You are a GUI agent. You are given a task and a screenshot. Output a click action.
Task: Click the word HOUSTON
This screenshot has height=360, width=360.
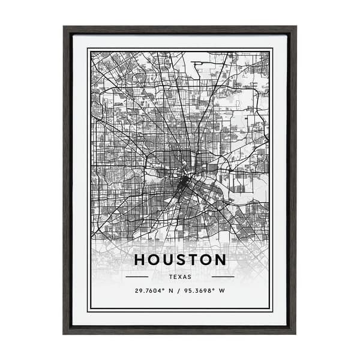pos(180,260)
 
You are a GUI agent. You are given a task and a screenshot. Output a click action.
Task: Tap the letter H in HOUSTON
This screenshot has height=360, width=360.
pos(139,260)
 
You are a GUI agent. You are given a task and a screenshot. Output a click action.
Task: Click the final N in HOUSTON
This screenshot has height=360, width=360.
pos(220,260)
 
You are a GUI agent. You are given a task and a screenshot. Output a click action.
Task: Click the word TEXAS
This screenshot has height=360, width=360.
pos(180,277)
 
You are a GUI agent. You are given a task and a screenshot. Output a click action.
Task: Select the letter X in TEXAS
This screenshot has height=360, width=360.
pos(180,277)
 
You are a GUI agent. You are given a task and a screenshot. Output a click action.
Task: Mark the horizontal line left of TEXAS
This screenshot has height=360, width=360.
pos(137,277)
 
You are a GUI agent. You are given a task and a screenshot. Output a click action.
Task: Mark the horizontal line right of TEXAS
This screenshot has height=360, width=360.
pos(223,277)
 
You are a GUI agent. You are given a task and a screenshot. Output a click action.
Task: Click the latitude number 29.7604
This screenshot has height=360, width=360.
pos(150,291)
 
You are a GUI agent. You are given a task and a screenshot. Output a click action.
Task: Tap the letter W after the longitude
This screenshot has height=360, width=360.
pos(223,291)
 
